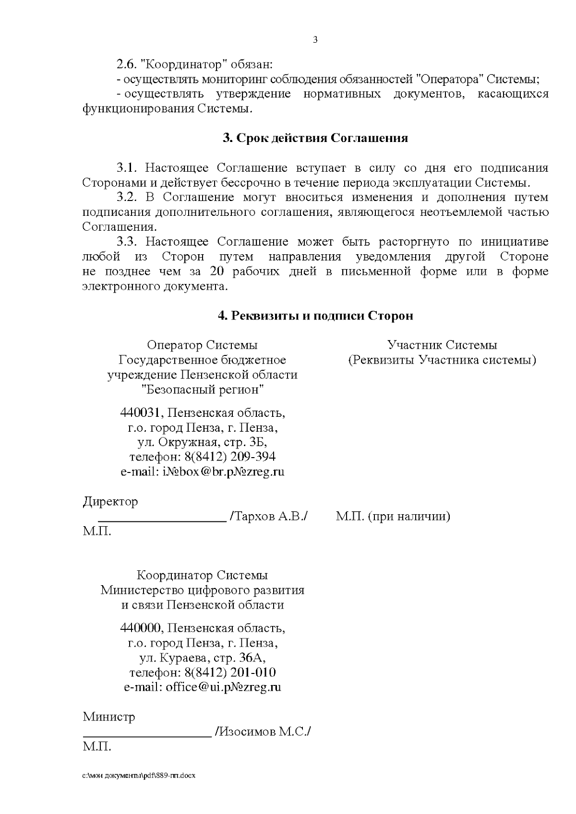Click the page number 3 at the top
(315, 40)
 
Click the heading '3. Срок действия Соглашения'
(315, 138)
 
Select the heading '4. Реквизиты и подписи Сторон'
(315, 316)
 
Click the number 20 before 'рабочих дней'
(216, 271)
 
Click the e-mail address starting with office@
(223, 687)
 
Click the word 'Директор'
(110, 502)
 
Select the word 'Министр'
(109, 717)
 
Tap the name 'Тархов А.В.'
(269, 517)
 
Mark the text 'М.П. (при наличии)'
(393, 517)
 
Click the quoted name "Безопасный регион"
(202, 389)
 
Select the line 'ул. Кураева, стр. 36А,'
(202, 657)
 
